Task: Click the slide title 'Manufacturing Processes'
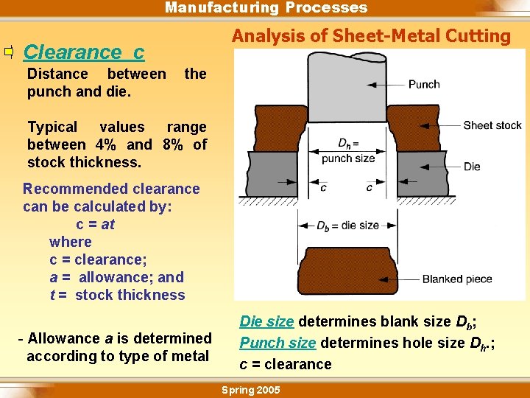coord(266,8)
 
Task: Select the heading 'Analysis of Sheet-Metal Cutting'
coord(371,36)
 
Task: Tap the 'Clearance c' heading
coord(84,52)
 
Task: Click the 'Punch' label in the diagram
coord(424,84)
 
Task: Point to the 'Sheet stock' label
coord(492,125)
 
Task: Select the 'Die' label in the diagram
coord(472,167)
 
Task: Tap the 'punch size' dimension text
coord(349,158)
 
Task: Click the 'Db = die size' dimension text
coord(348,226)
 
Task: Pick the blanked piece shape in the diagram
coord(348,268)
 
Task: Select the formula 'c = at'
coord(95,224)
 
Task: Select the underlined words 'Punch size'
coord(278,343)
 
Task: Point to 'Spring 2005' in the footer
coord(251,390)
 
